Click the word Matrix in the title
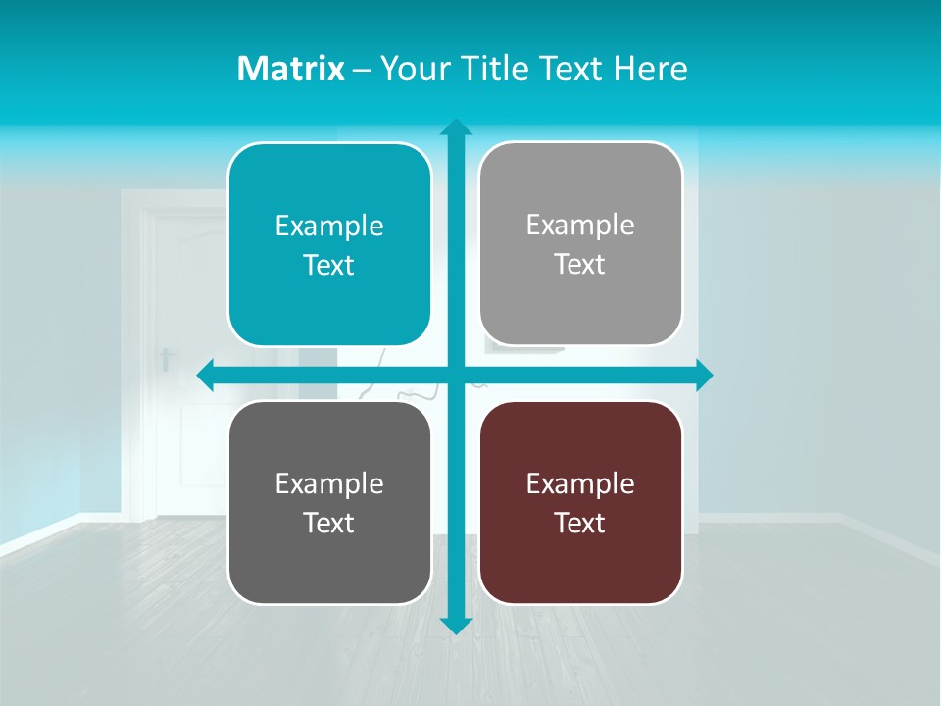coord(290,69)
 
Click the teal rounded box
coord(329,245)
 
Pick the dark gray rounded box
coord(329,502)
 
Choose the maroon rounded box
coord(580,502)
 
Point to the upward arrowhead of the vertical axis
coord(455,127)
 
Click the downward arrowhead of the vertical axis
coord(455,625)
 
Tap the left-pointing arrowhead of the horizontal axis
coord(207,375)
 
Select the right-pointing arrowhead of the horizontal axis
coord(703,375)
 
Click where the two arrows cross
coord(455,375)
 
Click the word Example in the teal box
coord(329,227)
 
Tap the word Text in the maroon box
coord(580,523)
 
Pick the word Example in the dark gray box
coord(329,483)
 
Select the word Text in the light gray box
coord(580,264)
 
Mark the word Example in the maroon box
coord(580,483)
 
